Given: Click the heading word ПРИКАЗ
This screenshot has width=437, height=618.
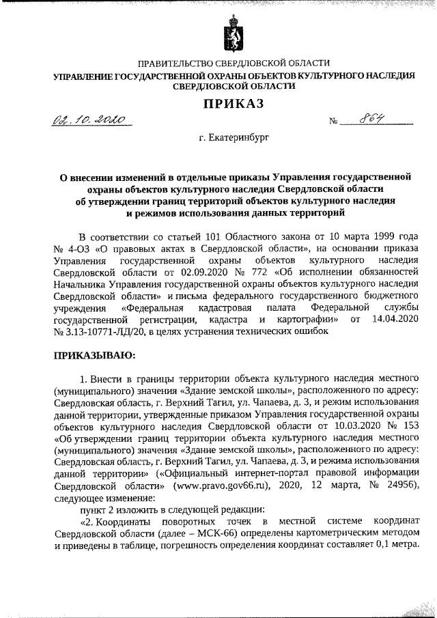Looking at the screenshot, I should tap(231, 103).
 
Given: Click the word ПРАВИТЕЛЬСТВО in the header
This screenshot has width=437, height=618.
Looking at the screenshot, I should tap(176, 63).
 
